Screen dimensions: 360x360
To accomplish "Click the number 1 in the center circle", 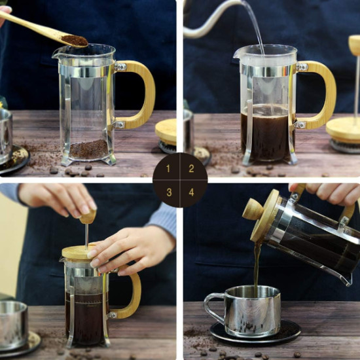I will pos(168,168).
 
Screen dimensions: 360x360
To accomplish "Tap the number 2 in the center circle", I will pos(191,168).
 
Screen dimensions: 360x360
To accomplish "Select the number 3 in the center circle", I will pos(168,192).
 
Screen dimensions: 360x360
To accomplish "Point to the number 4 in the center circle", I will pos(191,192).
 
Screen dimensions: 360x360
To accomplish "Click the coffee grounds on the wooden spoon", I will pos(75,41).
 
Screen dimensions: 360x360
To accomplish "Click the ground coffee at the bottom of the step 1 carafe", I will pos(88,149).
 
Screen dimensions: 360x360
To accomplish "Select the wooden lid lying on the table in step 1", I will pos(166,130).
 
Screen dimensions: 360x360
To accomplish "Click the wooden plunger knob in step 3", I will pos(88,217).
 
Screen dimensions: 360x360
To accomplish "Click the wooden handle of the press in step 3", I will pos(131,298).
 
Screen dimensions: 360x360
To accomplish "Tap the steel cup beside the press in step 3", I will pos(13,324).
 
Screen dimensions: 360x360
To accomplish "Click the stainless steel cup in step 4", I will pos(252,311).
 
